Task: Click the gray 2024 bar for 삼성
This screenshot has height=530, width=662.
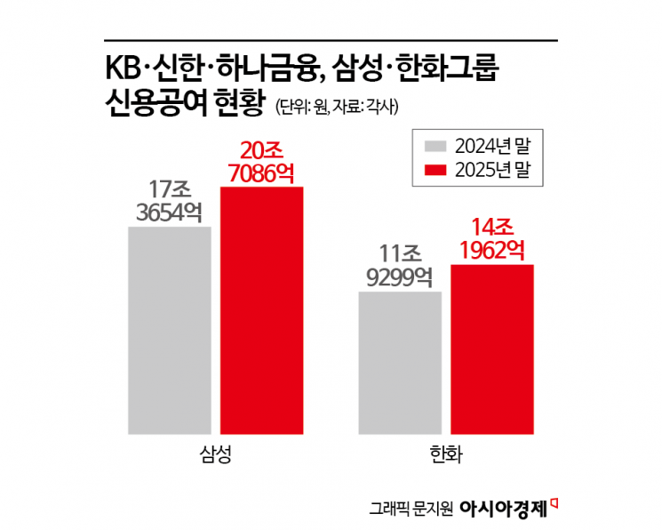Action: (x=169, y=330)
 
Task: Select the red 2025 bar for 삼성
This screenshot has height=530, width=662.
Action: (x=261, y=311)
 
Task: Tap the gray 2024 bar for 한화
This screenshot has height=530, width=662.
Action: (x=400, y=363)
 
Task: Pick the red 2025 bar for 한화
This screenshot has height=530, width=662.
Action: (x=491, y=349)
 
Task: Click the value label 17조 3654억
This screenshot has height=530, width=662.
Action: (x=169, y=202)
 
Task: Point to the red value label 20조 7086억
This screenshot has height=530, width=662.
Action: (x=261, y=160)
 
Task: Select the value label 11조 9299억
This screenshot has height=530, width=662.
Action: (x=400, y=266)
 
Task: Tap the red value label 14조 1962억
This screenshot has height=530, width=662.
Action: (x=491, y=238)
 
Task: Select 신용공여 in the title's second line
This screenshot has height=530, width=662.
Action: (x=156, y=107)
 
